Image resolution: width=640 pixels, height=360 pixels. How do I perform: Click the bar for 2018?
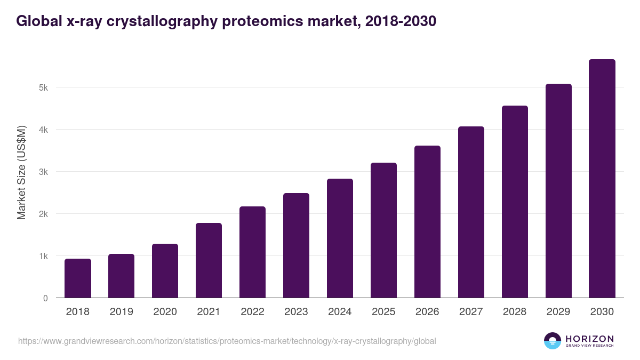78,278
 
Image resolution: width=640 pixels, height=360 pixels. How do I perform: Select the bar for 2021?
209,260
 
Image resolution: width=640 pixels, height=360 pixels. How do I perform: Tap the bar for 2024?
340,238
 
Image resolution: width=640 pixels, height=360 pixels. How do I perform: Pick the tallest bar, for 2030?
602,179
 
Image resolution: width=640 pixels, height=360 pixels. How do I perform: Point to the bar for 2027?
471,212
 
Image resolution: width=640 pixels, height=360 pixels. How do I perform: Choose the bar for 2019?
121,276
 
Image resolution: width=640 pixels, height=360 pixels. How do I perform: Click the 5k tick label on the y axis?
43,87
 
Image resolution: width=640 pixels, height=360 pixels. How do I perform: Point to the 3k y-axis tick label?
43,172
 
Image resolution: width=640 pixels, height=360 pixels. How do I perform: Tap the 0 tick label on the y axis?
45,298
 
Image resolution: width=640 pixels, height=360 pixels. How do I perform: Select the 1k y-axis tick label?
43,256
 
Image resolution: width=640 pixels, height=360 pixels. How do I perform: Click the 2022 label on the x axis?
252,312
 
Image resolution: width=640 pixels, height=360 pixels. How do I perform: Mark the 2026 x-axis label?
427,312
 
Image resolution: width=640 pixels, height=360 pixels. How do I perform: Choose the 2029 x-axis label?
558,312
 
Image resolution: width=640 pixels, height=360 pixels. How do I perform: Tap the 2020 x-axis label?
165,312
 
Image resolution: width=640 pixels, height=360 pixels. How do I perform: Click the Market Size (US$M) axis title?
21,172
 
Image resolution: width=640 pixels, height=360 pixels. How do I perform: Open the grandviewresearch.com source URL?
227,341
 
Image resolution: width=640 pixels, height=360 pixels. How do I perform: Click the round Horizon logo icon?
553,341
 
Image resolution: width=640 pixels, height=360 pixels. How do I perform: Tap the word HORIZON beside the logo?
589,339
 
